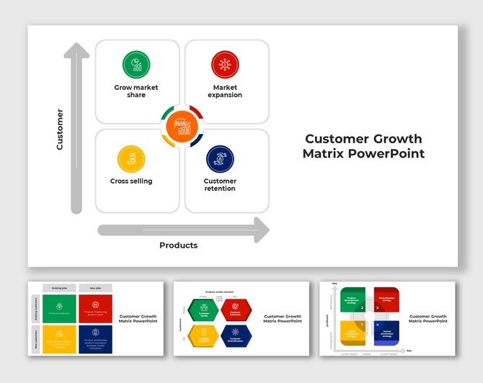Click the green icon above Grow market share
click(x=136, y=64)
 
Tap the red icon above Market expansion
click(x=225, y=64)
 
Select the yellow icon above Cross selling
click(x=131, y=158)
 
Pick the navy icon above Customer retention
click(x=220, y=158)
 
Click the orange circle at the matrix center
click(x=182, y=127)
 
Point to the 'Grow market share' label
click(x=136, y=91)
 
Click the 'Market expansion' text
click(x=225, y=91)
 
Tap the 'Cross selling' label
click(x=131, y=181)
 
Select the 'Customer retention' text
click(x=220, y=185)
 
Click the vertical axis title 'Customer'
click(x=60, y=130)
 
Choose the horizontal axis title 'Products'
click(x=178, y=245)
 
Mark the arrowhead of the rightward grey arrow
click(x=260, y=230)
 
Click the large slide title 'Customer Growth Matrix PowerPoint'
click(x=363, y=146)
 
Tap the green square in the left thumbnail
click(x=58, y=309)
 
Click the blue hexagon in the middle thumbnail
click(x=235, y=335)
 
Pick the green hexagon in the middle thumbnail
click(x=203, y=310)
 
